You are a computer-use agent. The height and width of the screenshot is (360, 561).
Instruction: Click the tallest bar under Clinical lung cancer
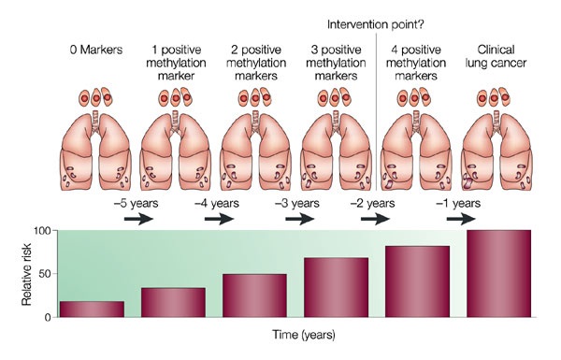point(498,274)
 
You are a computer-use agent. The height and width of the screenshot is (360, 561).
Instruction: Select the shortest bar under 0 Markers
point(92,310)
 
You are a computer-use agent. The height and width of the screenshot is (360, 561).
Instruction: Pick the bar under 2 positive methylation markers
point(254,295)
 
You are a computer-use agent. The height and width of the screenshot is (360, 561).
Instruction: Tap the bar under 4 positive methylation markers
point(417,281)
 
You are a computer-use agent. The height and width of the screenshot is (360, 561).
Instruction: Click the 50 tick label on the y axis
point(46,274)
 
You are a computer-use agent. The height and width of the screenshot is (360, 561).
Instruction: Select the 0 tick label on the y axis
point(49,317)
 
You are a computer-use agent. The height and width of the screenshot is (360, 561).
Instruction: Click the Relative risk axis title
point(26,274)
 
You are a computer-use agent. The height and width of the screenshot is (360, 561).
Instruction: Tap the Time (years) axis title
point(304,335)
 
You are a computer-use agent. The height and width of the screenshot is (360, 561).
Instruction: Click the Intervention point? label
point(376,24)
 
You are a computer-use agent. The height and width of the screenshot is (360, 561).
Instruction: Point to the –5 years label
point(136,203)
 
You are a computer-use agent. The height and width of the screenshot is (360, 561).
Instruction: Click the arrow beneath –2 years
point(375,219)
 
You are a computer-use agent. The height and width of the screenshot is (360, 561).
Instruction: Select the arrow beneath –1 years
point(461,219)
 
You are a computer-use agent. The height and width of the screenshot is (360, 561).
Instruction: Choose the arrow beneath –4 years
point(220,219)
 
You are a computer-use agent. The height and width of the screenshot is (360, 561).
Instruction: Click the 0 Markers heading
point(96,50)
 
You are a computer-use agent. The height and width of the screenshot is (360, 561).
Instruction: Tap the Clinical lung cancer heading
point(496,56)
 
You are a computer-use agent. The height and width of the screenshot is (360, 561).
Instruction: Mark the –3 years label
point(297,203)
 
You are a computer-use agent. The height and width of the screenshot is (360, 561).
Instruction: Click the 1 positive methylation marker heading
point(176,63)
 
